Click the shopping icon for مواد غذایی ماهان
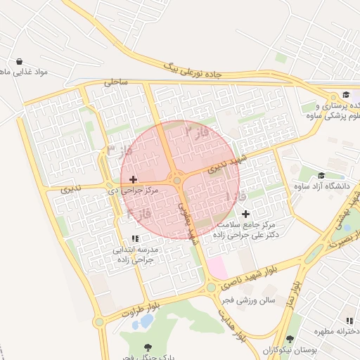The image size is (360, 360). click(x=19, y=61)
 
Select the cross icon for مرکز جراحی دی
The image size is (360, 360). click(x=134, y=179)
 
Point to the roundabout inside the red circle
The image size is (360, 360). click(x=176, y=180)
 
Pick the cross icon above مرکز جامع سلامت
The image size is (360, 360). click(x=245, y=214)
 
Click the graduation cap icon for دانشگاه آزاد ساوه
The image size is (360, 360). click(x=322, y=176)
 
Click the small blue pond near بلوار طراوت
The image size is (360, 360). click(x=146, y=322)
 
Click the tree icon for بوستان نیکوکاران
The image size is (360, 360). click(x=290, y=339)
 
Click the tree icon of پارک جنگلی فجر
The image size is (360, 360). click(x=148, y=347)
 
